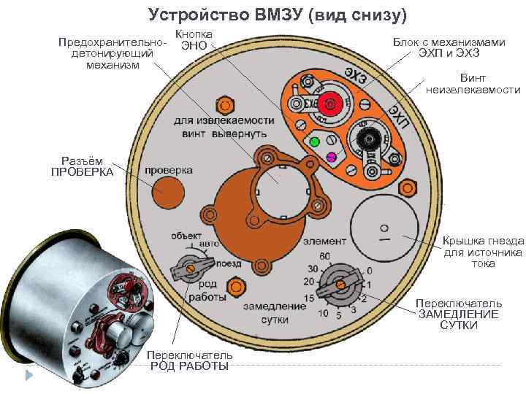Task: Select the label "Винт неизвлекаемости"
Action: (x=473, y=84)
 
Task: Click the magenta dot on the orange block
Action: (x=331, y=156)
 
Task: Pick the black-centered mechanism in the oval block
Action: (x=369, y=136)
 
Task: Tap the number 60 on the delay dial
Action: (x=325, y=255)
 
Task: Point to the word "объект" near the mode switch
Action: (x=187, y=235)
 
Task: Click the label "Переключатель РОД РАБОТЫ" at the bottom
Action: (x=188, y=360)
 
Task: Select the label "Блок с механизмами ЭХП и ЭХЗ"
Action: (x=449, y=48)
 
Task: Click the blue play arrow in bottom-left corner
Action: (x=30, y=376)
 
